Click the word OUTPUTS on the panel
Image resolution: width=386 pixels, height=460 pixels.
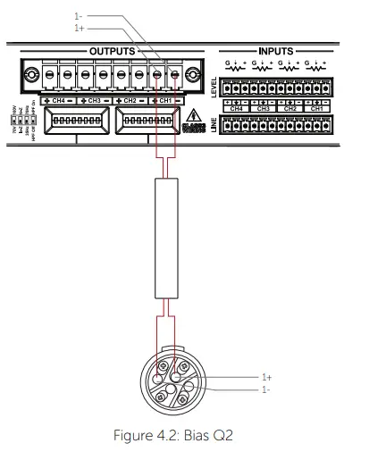point(112,52)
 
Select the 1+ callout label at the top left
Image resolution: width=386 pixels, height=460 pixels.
point(79,28)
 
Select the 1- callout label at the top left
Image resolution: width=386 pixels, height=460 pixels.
point(79,16)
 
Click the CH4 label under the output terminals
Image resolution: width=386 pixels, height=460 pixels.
point(59,102)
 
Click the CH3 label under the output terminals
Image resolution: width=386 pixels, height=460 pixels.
point(95,102)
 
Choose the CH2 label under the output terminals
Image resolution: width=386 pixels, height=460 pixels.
point(130,102)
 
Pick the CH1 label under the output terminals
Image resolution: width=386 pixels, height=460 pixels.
point(165,102)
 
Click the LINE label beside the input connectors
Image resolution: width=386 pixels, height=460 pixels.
point(214,125)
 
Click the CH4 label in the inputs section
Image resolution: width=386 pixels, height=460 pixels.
point(236,109)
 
